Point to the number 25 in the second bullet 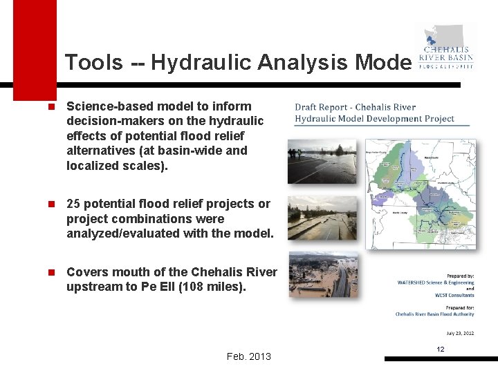[x=74, y=204]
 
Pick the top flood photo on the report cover [x=322, y=161]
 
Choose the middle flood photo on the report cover [x=322, y=218]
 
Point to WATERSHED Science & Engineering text [x=436, y=283]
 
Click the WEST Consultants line [x=454, y=295]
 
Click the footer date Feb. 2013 [x=249, y=356]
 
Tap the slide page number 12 [x=440, y=350]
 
